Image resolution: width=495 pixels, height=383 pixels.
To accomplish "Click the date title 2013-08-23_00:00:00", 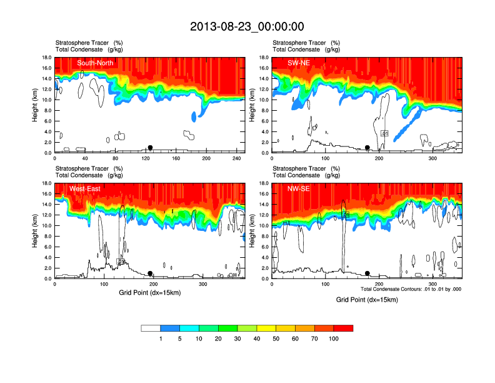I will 247,26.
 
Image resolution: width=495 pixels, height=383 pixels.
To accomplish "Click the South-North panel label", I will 95,63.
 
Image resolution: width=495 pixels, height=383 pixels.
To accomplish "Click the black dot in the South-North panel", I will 150,148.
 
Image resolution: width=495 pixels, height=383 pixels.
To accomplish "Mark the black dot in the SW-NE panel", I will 367,148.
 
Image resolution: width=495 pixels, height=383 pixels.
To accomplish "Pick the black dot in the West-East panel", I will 150,273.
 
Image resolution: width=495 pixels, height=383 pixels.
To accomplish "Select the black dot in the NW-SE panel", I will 367,273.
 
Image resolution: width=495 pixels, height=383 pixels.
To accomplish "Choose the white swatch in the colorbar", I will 151,328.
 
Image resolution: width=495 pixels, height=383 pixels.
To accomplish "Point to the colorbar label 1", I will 161,339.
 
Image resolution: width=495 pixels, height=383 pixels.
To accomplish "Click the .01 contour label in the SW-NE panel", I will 385,133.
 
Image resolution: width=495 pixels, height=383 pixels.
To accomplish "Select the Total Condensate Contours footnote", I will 411,289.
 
